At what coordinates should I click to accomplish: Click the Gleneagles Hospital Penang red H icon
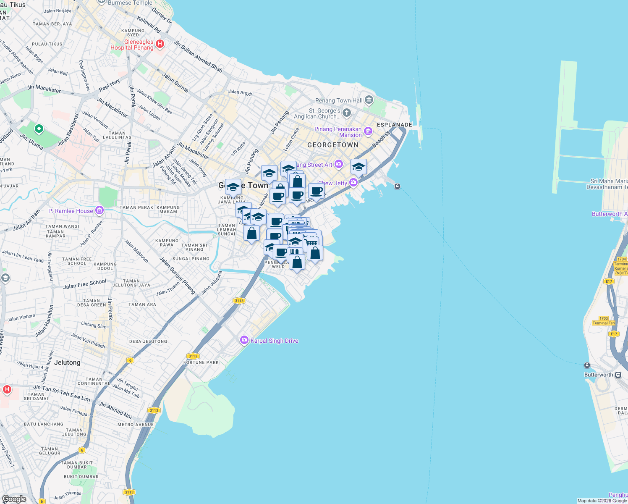tap(160, 44)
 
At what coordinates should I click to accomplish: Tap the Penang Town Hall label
tap(339, 100)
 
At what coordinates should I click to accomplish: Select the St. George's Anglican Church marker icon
tap(346, 112)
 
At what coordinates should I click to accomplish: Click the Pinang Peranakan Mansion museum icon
tap(368, 131)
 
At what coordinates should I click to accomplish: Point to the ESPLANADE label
tap(394, 125)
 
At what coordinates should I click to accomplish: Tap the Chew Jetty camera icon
tap(353, 182)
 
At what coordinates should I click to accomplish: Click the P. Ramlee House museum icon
tap(99, 210)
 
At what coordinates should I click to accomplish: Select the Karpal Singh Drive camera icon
tap(244, 340)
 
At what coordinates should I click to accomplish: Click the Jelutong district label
tap(67, 362)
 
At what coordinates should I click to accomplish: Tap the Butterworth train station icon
tap(618, 375)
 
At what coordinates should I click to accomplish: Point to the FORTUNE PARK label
tap(201, 362)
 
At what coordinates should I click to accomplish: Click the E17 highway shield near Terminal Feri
tap(614, 334)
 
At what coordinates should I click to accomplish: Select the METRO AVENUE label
tap(136, 425)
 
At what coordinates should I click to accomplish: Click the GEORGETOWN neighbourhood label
tap(333, 145)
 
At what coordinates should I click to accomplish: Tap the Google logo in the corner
tap(14, 499)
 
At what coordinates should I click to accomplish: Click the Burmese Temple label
tap(130, 3)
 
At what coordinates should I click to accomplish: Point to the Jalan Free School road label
tap(85, 284)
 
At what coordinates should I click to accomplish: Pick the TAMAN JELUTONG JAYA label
tap(131, 283)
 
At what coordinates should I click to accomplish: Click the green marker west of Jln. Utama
tap(39, 129)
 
